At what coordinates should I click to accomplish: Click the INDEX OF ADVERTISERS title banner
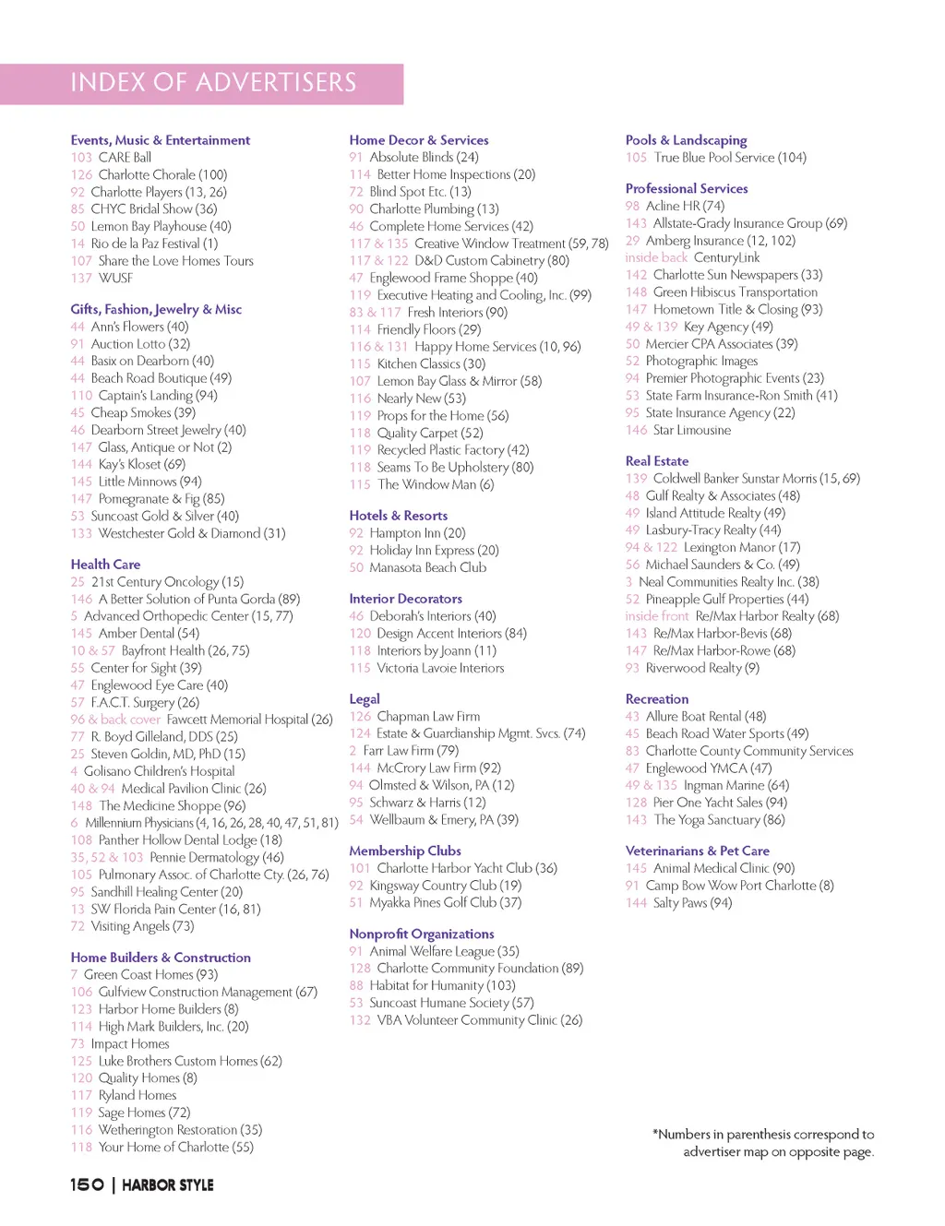(x=213, y=83)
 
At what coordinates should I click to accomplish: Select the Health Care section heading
(x=105, y=565)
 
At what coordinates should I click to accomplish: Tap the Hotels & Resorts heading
(x=398, y=516)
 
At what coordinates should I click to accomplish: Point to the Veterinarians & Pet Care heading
(x=697, y=851)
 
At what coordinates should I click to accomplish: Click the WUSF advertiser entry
(x=115, y=278)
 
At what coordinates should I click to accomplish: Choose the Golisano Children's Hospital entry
(x=159, y=771)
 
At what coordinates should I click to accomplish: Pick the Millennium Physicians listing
(x=211, y=823)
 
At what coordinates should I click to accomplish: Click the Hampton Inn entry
(x=417, y=533)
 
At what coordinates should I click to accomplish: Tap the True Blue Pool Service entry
(x=729, y=158)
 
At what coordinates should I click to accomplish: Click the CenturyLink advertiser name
(x=726, y=257)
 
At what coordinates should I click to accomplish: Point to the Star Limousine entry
(x=691, y=430)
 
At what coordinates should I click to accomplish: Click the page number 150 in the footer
(x=87, y=1184)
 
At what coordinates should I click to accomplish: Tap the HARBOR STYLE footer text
(x=167, y=1185)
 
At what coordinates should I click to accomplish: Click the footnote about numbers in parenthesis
(x=763, y=1143)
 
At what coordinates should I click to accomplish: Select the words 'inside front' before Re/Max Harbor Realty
(x=656, y=616)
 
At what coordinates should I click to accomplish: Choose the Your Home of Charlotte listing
(x=175, y=1148)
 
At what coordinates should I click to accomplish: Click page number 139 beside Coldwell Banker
(x=636, y=479)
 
